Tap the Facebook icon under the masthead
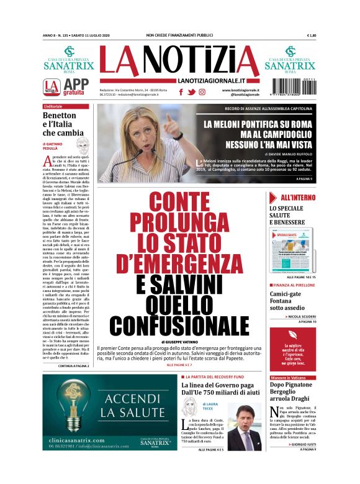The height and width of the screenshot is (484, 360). pyautogui.click(x=181, y=92)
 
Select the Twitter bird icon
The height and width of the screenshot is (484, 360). pyautogui.click(x=192, y=92)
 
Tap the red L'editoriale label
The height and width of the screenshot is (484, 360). pyautogui.click(x=54, y=107)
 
